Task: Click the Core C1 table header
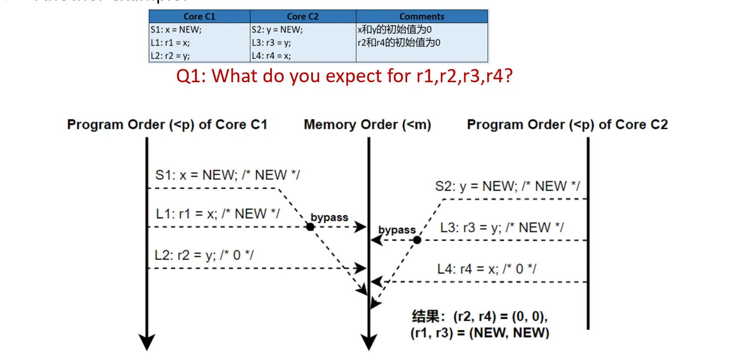coord(199,17)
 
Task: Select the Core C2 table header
coord(303,17)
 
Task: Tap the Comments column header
coord(422,17)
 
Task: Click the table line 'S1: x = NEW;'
coord(176,30)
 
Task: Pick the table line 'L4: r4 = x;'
coord(271,56)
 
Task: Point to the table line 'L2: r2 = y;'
coord(170,56)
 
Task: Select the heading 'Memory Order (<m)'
coord(367,124)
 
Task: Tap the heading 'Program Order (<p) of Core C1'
coord(167,124)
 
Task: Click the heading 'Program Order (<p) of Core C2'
coord(567,124)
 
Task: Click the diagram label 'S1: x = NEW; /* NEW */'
coord(227,175)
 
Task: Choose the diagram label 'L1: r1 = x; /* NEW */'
coord(218,213)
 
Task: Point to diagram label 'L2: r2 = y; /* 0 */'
coord(204,255)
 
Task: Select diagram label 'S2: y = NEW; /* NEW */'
coord(507,186)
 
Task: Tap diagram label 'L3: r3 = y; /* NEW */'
coord(502,228)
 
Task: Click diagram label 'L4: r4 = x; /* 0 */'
coord(486,269)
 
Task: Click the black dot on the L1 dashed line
coord(310,227)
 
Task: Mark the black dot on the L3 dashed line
coord(417,240)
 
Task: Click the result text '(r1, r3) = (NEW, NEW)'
coord(480,333)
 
